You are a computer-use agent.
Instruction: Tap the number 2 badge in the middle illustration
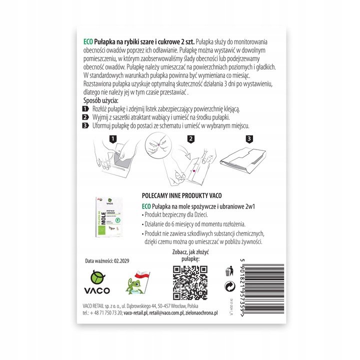190,138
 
